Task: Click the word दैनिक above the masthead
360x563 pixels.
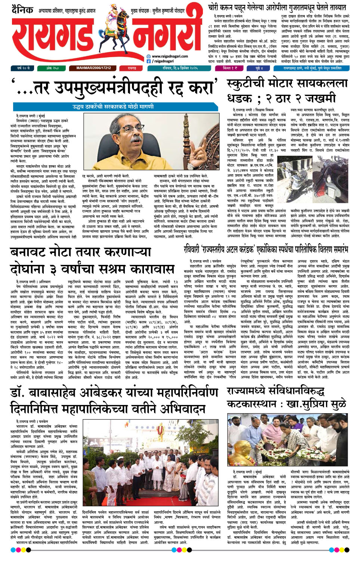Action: (22, 10)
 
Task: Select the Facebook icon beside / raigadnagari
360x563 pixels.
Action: (148, 61)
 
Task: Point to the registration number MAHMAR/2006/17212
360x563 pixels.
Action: (93, 68)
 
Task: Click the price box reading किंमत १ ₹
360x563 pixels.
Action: (230, 68)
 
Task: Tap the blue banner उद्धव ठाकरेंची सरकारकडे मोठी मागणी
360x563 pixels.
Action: (113, 107)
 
